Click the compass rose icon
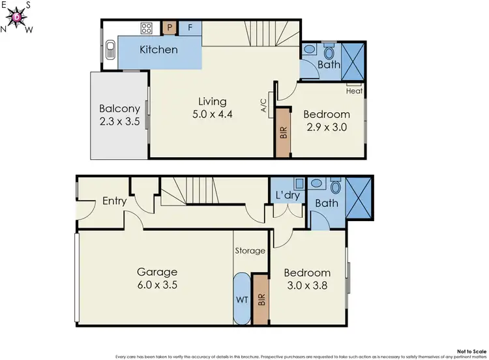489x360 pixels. (x=16, y=17)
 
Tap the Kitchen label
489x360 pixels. (x=159, y=50)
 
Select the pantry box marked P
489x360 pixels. (x=170, y=28)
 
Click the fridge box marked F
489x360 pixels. (x=190, y=28)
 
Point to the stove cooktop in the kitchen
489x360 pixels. (x=147, y=28)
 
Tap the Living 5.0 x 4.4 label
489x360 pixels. (x=213, y=108)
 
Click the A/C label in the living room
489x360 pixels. (x=264, y=107)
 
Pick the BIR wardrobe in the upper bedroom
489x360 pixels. (x=283, y=133)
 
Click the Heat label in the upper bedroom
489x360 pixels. (x=354, y=91)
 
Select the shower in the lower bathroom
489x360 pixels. (x=359, y=198)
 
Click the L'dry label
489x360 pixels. (x=287, y=196)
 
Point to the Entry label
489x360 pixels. (x=114, y=201)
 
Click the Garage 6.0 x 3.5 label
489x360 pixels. (x=156, y=278)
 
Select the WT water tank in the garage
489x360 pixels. (x=241, y=300)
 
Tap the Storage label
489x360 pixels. (x=250, y=250)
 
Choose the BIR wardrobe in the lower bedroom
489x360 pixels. (x=261, y=300)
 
